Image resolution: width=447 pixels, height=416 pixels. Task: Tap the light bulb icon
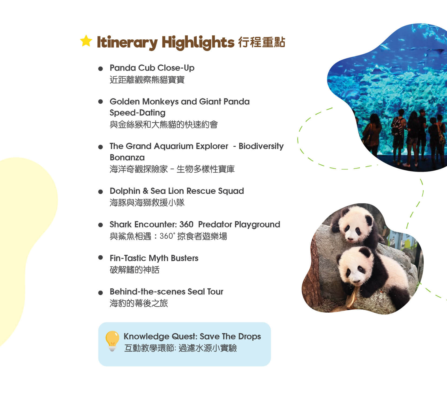pyautogui.click(x=112, y=341)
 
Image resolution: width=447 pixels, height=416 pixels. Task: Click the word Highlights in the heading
pyautogui.click(x=198, y=43)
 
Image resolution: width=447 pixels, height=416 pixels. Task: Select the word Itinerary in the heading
pyautogui.click(x=127, y=43)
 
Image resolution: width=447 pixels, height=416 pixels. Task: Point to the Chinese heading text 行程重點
pyautogui.click(x=262, y=42)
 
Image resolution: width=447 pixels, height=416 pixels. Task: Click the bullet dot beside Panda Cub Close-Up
pyautogui.click(x=101, y=69)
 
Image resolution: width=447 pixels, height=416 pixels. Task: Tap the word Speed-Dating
pyautogui.click(x=138, y=113)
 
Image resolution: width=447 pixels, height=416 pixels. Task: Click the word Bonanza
pyautogui.click(x=127, y=157)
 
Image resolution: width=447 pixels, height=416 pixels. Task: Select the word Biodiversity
pyautogui.click(x=261, y=146)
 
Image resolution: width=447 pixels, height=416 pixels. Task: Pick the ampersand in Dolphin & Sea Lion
pyautogui.click(x=145, y=191)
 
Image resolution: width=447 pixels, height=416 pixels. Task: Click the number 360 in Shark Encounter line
pyautogui.click(x=186, y=224)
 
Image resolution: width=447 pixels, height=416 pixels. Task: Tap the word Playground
pyautogui.click(x=257, y=225)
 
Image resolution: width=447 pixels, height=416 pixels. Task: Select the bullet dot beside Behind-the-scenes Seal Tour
pyautogui.click(x=101, y=293)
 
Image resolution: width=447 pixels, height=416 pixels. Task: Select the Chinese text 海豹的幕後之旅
pyautogui.click(x=139, y=303)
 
